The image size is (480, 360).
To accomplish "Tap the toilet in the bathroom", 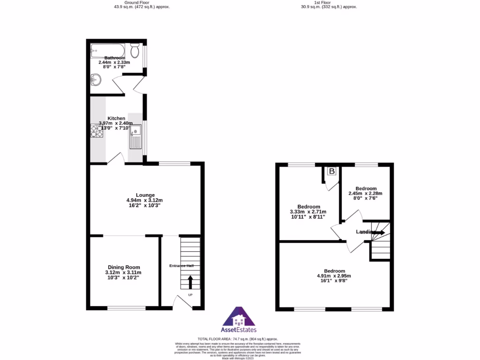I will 135,50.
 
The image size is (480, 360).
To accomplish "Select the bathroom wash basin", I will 96,81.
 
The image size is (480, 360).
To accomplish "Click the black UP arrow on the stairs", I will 190,281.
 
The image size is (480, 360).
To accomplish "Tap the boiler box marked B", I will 332,172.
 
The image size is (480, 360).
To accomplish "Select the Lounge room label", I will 145,195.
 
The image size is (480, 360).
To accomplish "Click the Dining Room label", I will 124,267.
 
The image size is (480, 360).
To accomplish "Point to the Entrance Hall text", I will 181,266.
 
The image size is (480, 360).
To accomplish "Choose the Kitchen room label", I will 116,118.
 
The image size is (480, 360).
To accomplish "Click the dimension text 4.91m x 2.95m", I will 334,276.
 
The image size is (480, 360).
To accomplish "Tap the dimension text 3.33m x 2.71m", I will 308,212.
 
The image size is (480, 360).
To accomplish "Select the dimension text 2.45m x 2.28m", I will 366,194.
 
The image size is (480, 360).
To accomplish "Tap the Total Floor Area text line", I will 238,338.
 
